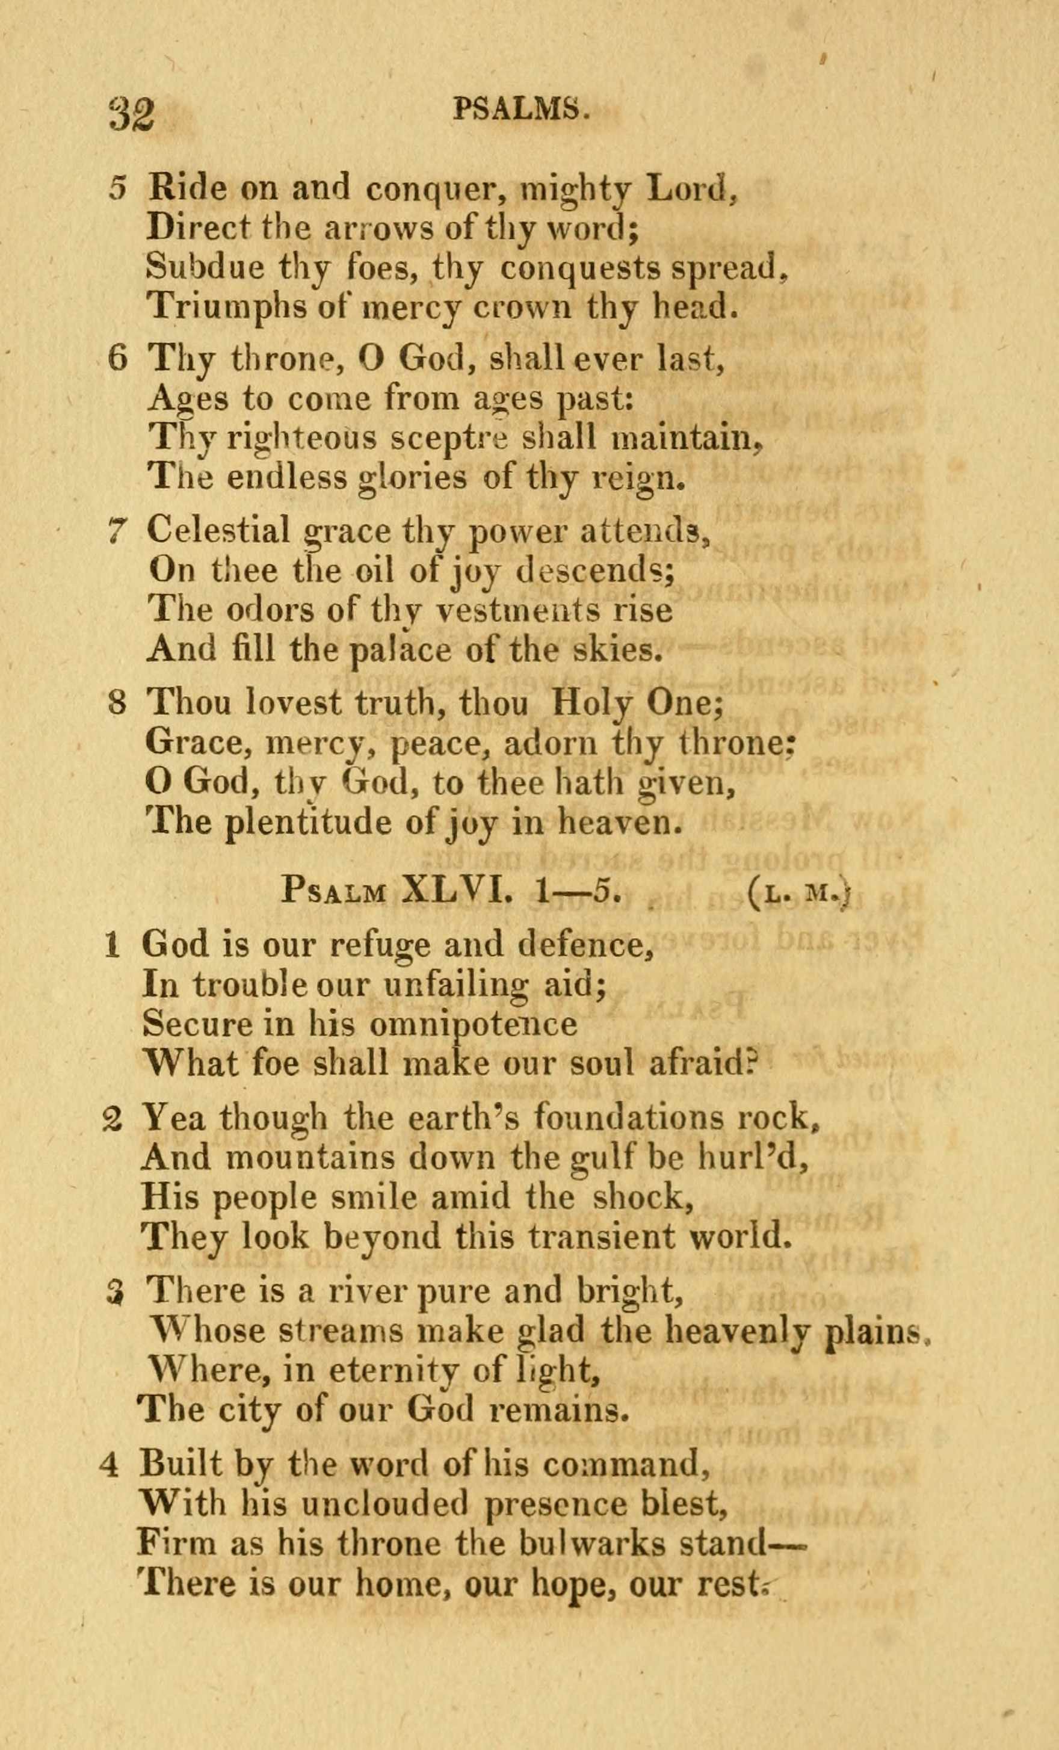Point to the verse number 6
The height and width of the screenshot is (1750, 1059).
117,358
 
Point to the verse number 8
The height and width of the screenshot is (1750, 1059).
118,703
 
